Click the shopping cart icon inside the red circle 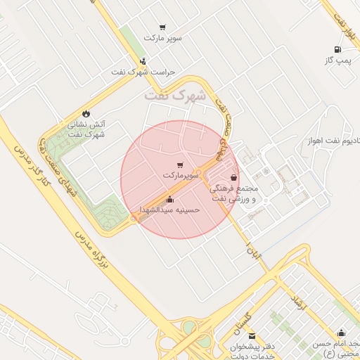(x=181, y=164)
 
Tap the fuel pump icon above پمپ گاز (x=339, y=50)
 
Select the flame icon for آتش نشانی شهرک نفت (x=86, y=112)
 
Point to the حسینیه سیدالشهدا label (x=169, y=210)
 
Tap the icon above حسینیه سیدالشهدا (x=169, y=199)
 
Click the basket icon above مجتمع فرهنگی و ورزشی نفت (x=233, y=178)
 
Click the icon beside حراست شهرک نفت (x=143, y=61)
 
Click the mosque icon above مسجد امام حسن (x=342, y=333)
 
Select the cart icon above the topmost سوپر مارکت (x=163, y=27)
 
